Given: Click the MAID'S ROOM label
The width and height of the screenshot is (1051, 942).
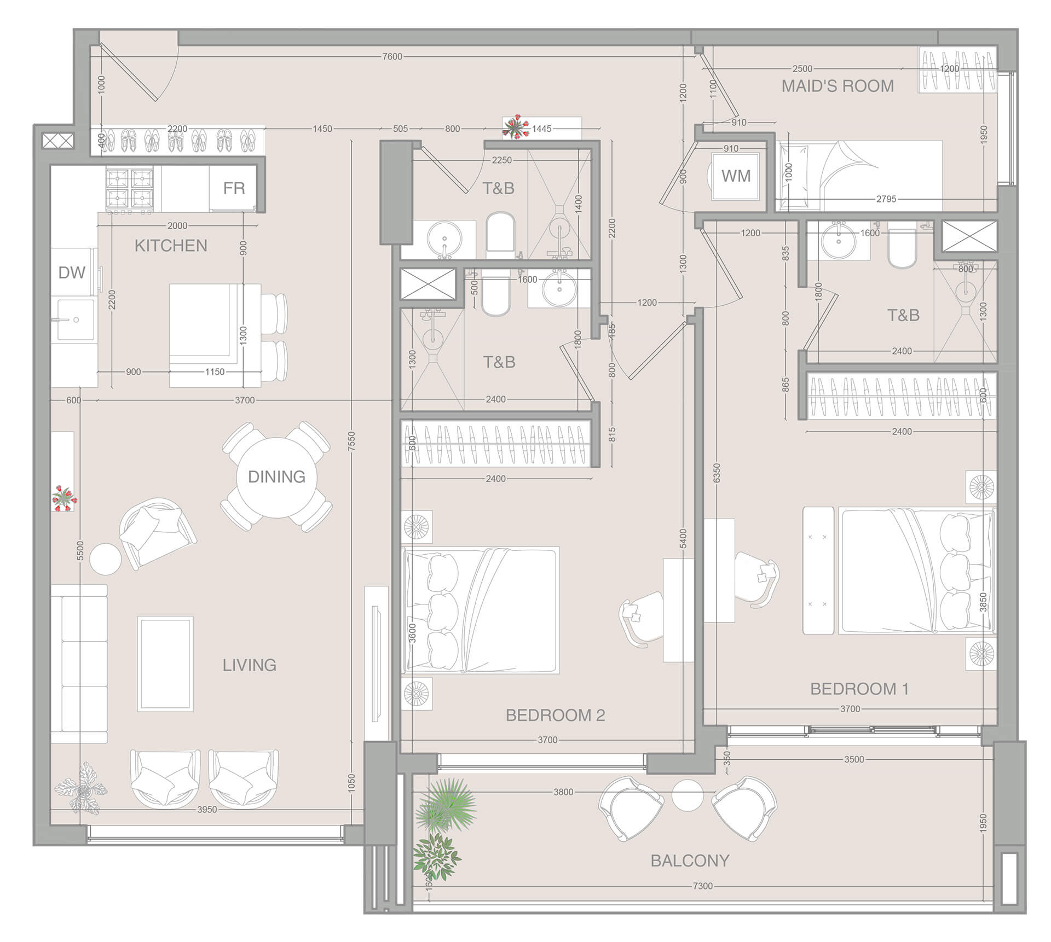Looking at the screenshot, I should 838,86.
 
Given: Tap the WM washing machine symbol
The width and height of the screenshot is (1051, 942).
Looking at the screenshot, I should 736,176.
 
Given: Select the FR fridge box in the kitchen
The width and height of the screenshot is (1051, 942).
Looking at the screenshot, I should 234,188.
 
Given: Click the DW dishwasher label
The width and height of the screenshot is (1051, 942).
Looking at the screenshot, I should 72,272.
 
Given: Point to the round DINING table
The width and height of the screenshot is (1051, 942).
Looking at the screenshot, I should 277,477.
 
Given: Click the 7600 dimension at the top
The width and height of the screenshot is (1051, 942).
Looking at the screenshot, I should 392,57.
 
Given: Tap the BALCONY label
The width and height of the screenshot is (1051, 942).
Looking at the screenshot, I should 690,861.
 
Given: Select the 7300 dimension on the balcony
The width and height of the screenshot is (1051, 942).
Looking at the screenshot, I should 703,886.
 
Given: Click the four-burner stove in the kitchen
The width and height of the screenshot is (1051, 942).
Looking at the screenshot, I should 130,189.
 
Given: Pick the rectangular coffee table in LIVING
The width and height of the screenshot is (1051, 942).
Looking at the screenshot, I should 165,664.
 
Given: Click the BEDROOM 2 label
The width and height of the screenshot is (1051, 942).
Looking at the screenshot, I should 555,716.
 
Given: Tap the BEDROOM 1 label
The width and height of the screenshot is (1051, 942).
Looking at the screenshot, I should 859,689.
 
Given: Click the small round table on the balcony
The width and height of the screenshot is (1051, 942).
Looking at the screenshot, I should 688,795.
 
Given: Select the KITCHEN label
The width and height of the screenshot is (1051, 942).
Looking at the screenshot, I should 171,246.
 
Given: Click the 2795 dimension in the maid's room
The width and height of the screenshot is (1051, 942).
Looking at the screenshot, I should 886,199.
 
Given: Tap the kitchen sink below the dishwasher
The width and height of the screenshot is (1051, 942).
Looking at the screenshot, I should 75,320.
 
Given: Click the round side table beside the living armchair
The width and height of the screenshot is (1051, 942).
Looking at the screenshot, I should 105,559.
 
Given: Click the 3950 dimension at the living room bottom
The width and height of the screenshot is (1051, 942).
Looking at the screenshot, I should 207,810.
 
